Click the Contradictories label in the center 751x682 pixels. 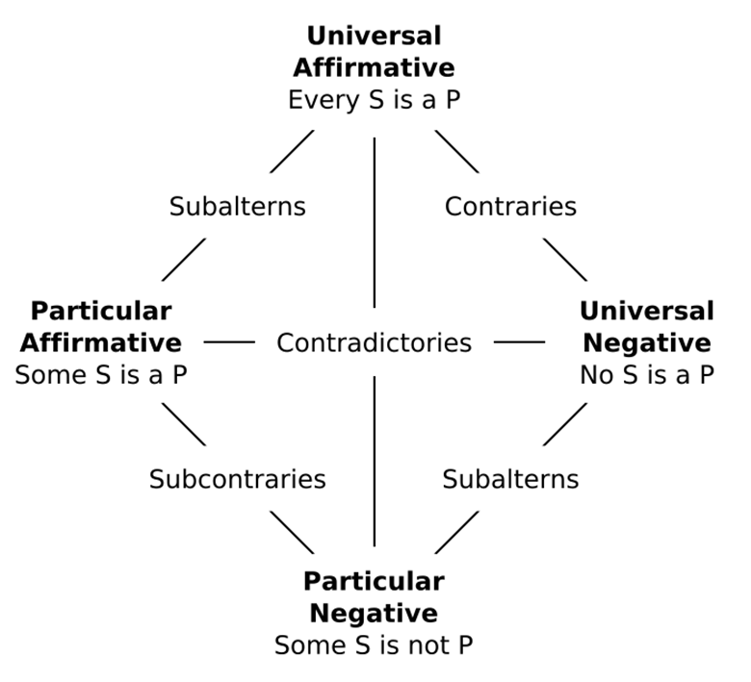374,342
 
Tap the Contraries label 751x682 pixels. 510,207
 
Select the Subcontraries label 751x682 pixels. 237,479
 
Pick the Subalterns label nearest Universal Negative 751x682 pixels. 510,479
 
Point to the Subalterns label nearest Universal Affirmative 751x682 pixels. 237,207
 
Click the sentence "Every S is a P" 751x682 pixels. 374,100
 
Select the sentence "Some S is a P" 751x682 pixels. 101,375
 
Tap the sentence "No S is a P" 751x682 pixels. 647,375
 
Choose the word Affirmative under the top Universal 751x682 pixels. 374,68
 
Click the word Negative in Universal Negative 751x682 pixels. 647,343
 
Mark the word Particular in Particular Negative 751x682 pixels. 374,582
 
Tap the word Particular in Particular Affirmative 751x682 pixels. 101,312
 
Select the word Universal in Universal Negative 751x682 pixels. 647,312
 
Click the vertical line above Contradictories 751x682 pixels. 374,221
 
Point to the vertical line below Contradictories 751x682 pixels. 374,462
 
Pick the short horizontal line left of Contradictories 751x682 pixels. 229,341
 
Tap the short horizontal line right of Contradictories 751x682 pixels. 519,341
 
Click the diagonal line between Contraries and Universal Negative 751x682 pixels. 564,259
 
